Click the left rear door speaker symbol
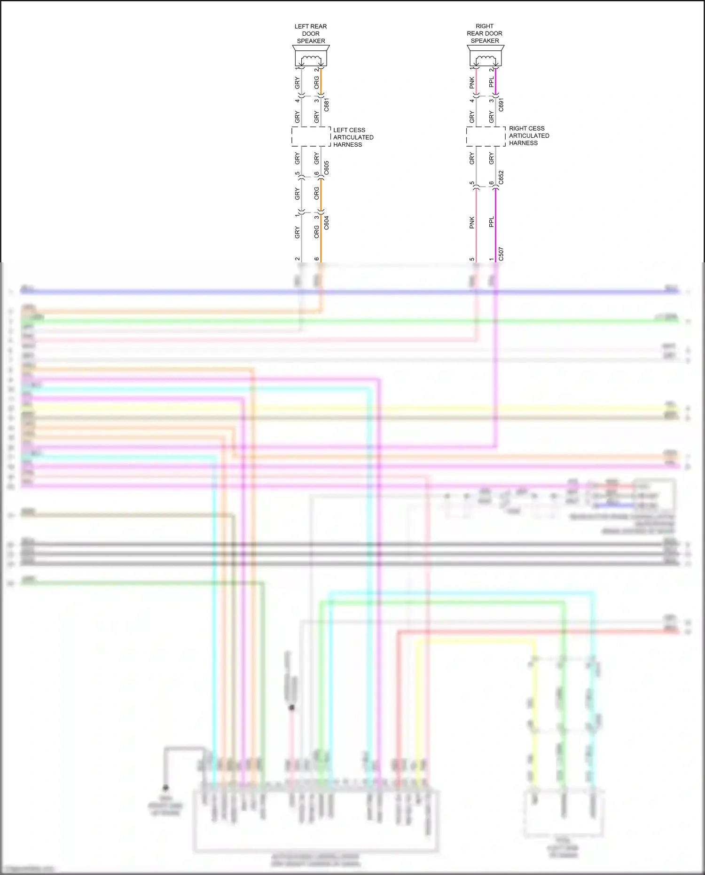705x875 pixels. click(x=311, y=56)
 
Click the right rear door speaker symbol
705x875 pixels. click(x=485, y=56)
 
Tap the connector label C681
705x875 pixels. click(x=327, y=105)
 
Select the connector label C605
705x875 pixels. click(x=327, y=168)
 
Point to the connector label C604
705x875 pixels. click(x=327, y=223)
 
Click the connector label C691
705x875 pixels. click(x=501, y=105)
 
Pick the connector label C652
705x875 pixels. click(x=501, y=177)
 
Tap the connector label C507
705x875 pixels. click(x=501, y=254)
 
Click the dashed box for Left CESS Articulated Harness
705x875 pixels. click(x=311, y=136)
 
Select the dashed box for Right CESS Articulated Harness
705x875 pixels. click(x=486, y=136)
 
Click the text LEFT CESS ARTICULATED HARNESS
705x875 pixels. click(x=353, y=137)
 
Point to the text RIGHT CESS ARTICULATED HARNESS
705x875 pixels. click(x=529, y=136)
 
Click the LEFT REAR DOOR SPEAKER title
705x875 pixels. click(x=311, y=34)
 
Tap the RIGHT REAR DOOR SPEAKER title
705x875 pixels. click(x=485, y=33)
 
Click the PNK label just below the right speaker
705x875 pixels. click(x=472, y=83)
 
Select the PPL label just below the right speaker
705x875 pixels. click(x=492, y=82)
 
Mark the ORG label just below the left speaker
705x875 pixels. click(x=317, y=83)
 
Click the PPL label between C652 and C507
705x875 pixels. click(x=492, y=222)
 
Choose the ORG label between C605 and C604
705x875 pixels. click(x=317, y=193)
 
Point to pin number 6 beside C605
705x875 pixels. click(x=317, y=174)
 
